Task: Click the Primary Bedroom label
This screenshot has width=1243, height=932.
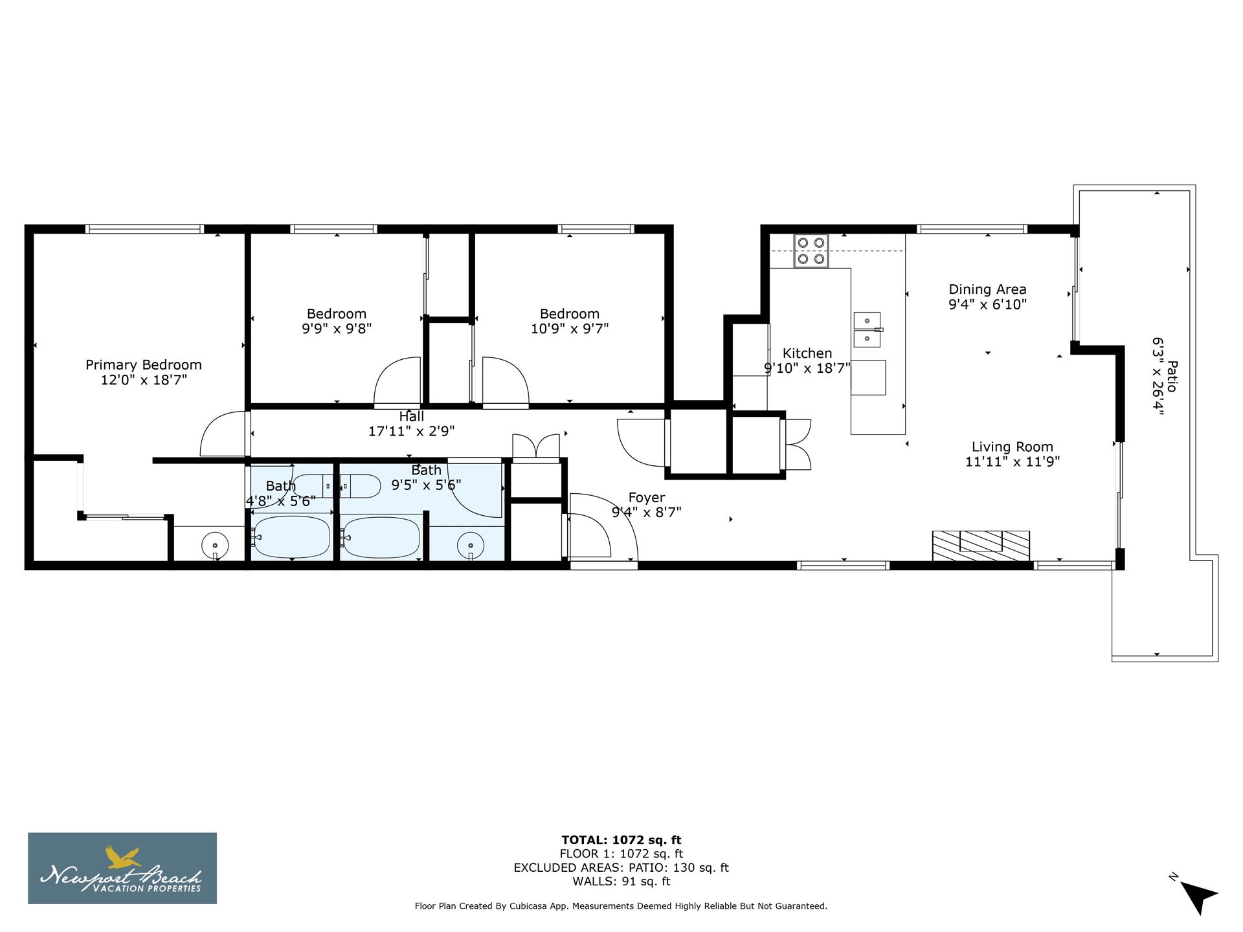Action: [144, 365]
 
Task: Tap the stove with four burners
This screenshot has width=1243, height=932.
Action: [811, 250]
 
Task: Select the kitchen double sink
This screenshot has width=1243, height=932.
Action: [867, 329]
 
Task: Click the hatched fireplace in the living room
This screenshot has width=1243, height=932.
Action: [980, 546]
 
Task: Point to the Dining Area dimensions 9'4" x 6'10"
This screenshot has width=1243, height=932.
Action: [987, 305]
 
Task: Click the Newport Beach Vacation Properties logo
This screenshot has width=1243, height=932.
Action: [122, 868]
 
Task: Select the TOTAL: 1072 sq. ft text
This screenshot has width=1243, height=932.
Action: [621, 840]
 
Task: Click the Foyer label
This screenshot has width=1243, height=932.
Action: [646, 497]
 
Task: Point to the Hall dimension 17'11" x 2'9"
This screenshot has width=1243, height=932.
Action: [411, 431]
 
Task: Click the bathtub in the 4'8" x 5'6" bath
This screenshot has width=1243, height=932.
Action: [292, 537]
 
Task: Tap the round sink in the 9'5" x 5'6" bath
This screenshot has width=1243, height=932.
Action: [471, 545]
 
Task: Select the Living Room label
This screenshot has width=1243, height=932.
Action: [1012, 447]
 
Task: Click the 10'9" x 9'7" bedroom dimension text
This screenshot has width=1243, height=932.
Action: [570, 329]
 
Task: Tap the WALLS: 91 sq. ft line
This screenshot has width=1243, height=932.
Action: [621, 882]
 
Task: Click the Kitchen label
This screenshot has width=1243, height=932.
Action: [807, 353]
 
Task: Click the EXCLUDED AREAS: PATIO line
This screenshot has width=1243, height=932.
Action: [621, 867]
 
